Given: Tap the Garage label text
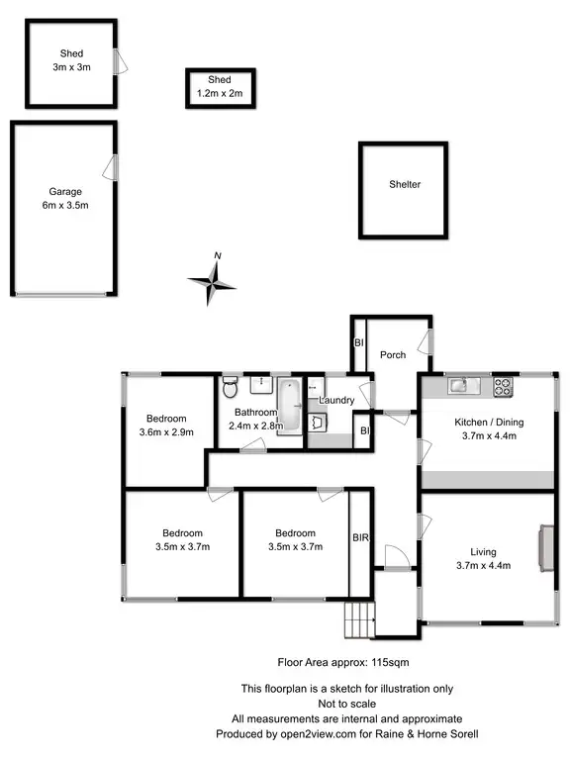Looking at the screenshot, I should pos(66,192).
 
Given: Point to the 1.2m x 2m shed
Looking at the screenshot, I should pos(220,87).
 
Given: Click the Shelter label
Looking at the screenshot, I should pos(405,184).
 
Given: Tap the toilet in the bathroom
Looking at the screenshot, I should pos(230,383).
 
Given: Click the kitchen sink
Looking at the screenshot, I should pos(458,385).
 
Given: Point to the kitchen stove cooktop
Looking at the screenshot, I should pos(504,386).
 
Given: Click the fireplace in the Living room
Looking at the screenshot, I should pos(543,548).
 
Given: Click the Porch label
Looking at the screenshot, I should pos(393,354).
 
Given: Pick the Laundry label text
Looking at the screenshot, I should pos(337,400).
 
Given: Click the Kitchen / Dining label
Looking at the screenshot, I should pos(489,422).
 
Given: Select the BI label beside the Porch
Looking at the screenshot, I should pos(358,342).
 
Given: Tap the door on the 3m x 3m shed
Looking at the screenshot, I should pos(119,61).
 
